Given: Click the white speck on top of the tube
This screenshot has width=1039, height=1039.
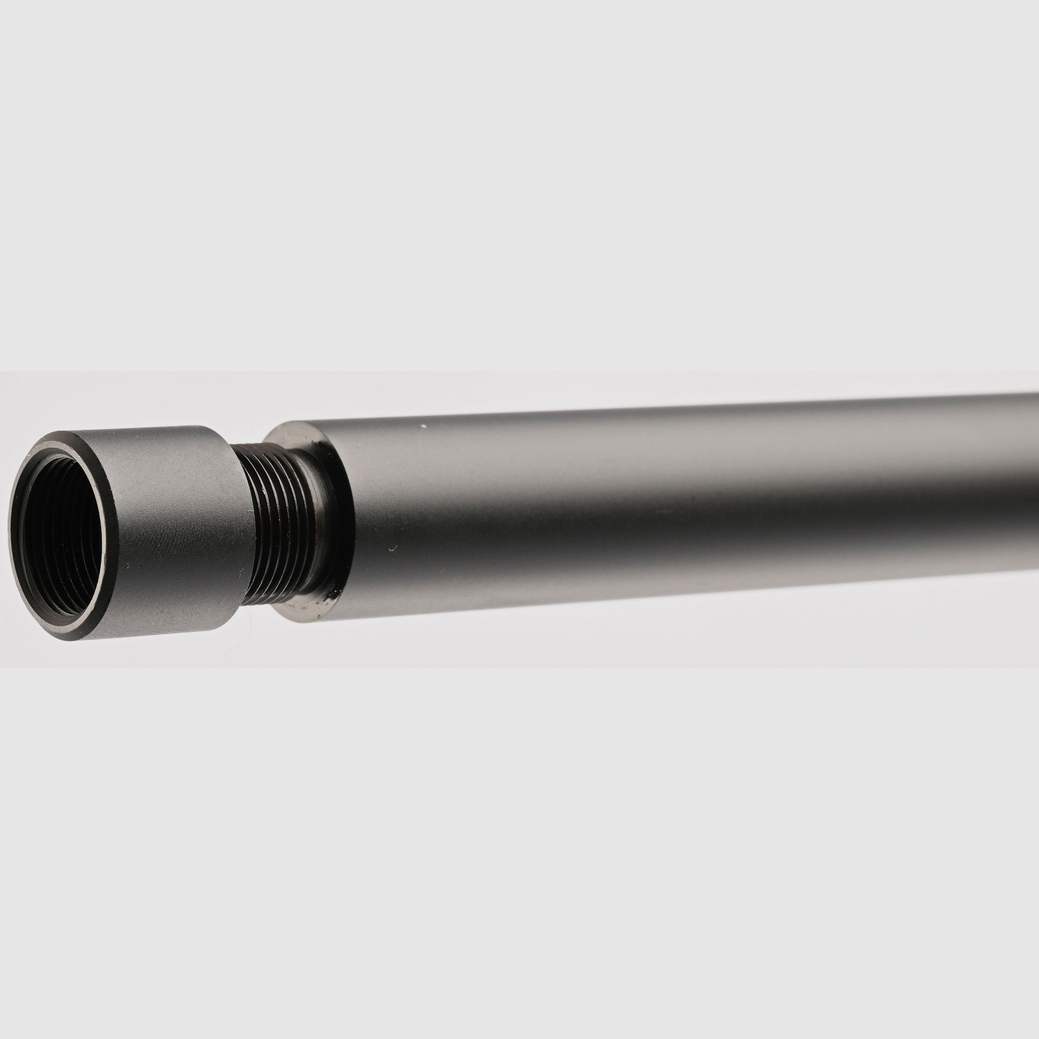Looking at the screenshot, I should click(x=423, y=426).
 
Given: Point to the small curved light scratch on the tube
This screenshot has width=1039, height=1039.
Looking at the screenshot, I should click(x=393, y=548).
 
